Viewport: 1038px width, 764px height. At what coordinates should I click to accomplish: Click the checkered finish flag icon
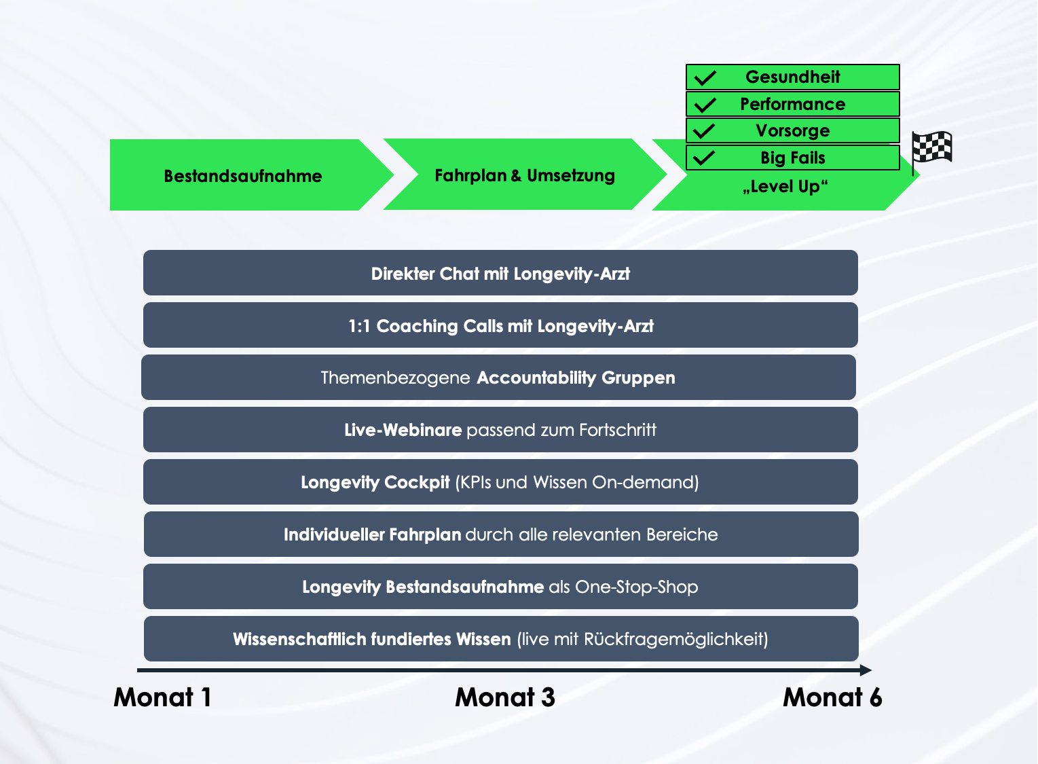pyautogui.click(x=931, y=148)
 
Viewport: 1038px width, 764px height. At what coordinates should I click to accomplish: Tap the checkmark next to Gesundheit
pyautogui.click(x=705, y=78)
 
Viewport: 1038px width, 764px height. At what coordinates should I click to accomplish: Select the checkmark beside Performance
pyautogui.click(x=705, y=105)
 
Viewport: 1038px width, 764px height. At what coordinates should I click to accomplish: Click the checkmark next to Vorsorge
pyautogui.click(x=705, y=130)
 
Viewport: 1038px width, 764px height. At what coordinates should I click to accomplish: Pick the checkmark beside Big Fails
pyautogui.click(x=705, y=158)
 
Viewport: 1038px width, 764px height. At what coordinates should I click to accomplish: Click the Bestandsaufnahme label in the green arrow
pyautogui.click(x=243, y=177)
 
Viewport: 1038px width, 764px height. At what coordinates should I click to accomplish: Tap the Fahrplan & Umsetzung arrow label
pyautogui.click(x=524, y=176)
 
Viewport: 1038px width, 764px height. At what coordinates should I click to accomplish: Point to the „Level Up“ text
pyautogui.click(x=785, y=187)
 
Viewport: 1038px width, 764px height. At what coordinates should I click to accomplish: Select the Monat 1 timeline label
pyautogui.click(x=162, y=697)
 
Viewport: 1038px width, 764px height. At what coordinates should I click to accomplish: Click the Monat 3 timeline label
pyautogui.click(x=505, y=697)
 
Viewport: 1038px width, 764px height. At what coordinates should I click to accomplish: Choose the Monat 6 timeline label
pyautogui.click(x=832, y=697)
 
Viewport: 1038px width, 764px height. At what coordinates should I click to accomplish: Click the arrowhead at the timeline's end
pyautogui.click(x=866, y=670)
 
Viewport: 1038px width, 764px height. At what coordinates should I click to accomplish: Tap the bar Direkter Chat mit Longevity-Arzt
pyautogui.click(x=500, y=274)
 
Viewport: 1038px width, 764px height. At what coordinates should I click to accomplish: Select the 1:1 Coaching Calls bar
pyautogui.click(x=500, y=326)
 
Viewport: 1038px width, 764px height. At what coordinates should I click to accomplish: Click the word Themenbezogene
pyautogui.click(x=395, y=378)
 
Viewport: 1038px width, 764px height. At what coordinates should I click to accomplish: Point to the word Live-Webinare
pyautogui.click(x=403, y=431)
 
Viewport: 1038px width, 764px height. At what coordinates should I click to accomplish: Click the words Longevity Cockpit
pyautogui.click(x=375, y=483)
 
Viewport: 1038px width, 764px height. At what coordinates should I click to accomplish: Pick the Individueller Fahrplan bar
pyautogui.click(x=500, y=535)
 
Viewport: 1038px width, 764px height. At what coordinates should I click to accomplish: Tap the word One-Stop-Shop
pyautogui.click(x=636, y=587)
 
